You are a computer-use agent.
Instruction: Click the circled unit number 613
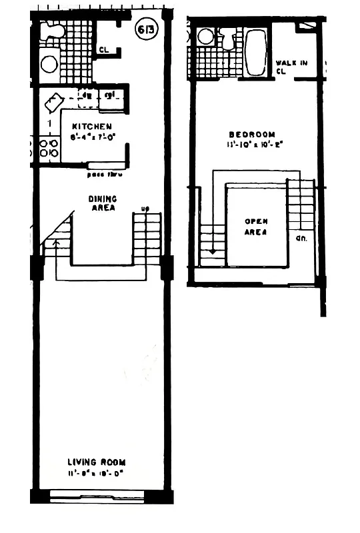147,30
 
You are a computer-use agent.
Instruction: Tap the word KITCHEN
92,127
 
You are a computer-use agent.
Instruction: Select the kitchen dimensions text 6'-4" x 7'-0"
93,137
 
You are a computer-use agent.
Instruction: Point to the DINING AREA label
103,203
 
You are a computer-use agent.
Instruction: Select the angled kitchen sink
53,103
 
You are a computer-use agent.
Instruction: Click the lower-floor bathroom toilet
53,30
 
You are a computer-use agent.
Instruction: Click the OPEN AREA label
256,227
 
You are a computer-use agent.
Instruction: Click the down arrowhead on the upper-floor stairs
212,253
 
